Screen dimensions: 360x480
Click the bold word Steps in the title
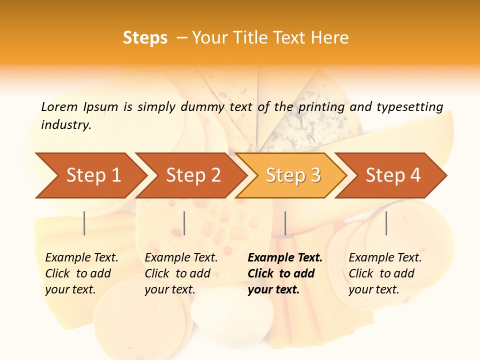145,38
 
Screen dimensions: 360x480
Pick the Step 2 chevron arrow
192,175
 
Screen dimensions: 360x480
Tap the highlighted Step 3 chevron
292,175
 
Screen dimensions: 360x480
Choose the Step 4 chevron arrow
392,175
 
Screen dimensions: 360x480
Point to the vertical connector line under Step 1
84,223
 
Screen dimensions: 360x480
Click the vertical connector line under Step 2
184,223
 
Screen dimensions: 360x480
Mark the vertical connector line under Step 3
285,223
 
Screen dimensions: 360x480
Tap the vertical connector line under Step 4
386,223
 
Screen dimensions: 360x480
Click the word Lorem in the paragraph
59,107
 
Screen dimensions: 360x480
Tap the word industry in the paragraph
66,125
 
